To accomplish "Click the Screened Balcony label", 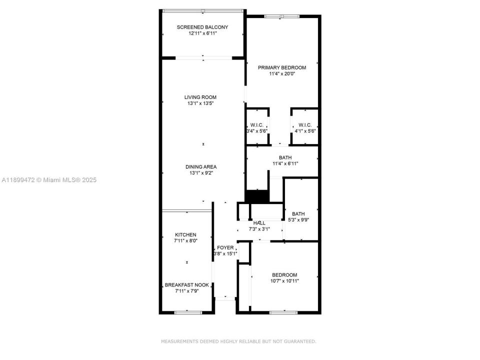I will (202, 27).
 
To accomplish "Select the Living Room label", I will (200, 97).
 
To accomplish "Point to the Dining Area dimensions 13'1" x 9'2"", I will (201, 173).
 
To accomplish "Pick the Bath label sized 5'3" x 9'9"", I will (298, 213).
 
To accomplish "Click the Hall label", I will (259, 223).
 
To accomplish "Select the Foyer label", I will (225, 247).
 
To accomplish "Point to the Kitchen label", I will (185, 234).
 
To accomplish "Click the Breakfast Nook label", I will (186, 284).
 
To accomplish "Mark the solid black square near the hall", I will (257, 196).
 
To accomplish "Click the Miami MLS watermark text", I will (48, 179).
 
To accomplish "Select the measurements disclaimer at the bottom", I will (238, 341).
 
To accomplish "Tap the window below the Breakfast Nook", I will (188, 312).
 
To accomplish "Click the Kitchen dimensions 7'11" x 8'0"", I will (185, 240).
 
